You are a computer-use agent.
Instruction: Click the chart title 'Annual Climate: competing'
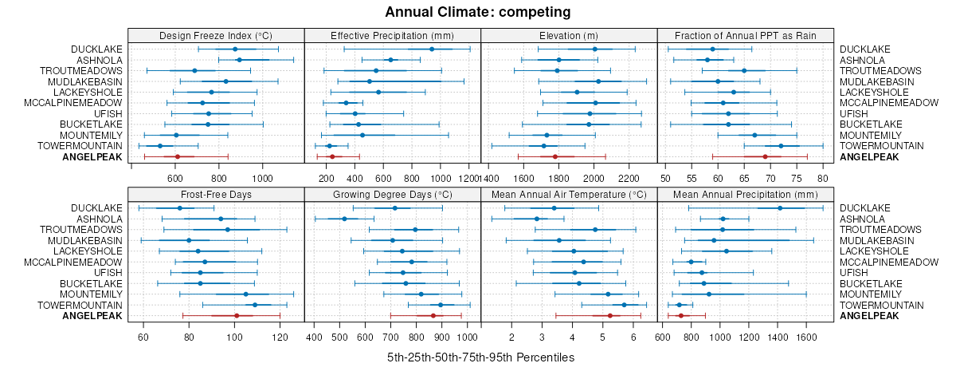click(478, 12)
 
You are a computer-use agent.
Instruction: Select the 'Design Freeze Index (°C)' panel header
click(216, 35)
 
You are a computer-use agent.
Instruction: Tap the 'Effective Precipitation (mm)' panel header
click(393, 35)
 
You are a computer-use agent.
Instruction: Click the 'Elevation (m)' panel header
click(569, 35)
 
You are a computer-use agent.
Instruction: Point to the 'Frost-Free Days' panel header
click(216, 194)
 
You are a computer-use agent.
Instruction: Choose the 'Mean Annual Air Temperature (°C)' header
click(569, 194)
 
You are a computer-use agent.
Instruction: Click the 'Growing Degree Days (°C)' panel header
click(393, 194)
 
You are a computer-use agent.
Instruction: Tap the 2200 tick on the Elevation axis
click(629, 177)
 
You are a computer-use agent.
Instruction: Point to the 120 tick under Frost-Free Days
click(280, 336)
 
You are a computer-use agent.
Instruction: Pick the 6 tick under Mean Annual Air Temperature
click(633, 336)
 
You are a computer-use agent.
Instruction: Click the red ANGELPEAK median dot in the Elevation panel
click(554, 156)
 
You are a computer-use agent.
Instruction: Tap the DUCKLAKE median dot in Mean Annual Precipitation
click(780, 208)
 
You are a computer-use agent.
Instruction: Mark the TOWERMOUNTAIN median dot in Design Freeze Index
click(160, 146)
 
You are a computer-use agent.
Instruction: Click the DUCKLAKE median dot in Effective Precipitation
click(432, 49)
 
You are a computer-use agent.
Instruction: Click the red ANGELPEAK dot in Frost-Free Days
click(237, 316)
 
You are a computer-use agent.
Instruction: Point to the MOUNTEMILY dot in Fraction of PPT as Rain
click(754, 135)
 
